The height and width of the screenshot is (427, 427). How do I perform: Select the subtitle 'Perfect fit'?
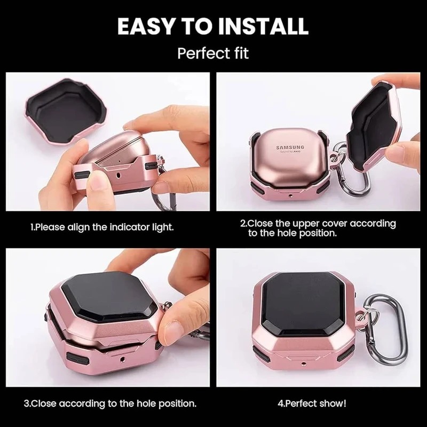(x=213, y=53)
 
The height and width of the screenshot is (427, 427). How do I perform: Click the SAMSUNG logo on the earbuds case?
(x=290, y=148)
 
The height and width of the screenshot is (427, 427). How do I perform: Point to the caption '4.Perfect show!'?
(x=312, y=404)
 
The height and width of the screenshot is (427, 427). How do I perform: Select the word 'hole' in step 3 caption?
(x=147, y=404)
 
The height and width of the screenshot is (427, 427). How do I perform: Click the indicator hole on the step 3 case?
(x=121, y=359)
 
